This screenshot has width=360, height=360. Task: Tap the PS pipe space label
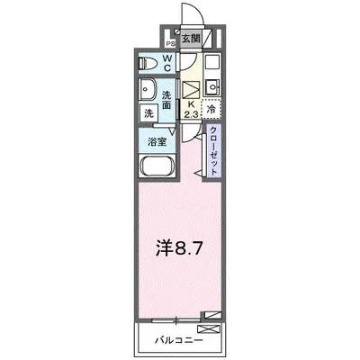click(x=168, y=40)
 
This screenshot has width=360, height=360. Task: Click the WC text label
click(x=169, y=64)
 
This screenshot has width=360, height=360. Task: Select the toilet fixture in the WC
click(x=150, y=64)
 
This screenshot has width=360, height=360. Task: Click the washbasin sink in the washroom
click(x=148, y=92)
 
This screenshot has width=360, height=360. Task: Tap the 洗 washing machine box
click(x=147, y=113)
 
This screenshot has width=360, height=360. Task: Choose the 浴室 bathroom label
click(x=157, y=141)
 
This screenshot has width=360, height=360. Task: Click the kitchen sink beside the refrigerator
click(x=211, y=87)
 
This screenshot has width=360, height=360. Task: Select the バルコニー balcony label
click(x=176, y=341)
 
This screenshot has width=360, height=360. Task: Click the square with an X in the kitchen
click(x=191, y=91)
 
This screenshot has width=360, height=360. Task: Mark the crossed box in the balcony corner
click(x=211, y=315)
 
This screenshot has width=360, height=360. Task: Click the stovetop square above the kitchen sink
click(x=211, y=65)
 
